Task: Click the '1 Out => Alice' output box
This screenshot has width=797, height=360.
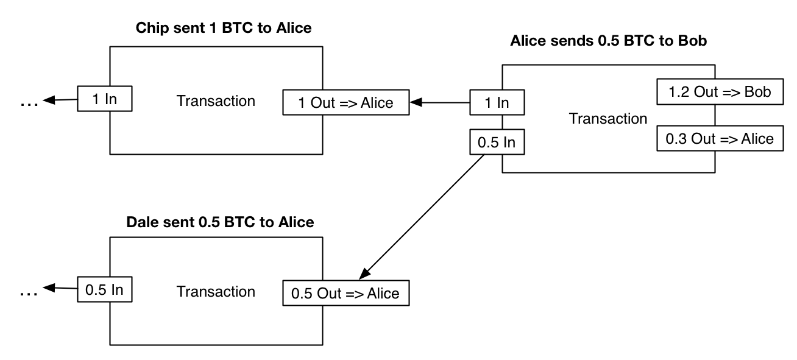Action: coord(345,103)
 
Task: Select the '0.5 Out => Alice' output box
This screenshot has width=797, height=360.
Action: coord(345,293)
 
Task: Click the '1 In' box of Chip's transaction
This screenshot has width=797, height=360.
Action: coord(105,101)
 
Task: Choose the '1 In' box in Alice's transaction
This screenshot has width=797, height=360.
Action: coord(497,102)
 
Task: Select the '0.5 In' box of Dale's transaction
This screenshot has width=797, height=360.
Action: coord(105,291)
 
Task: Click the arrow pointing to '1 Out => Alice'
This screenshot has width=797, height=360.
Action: coord(439,103)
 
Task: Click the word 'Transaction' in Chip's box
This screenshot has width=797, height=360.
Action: coord(216,101)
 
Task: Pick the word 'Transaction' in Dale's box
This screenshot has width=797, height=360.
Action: coord(216,291)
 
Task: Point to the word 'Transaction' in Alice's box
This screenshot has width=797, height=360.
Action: coord(607,119)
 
